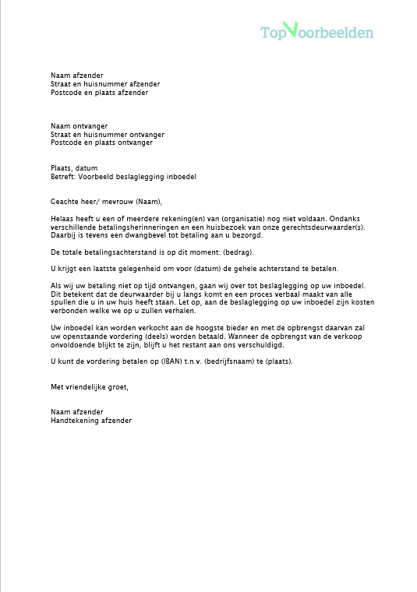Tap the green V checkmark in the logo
click(x=290, y=28)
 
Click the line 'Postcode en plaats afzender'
click(x=99, y=93)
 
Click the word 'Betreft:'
click(x=63, y=177)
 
